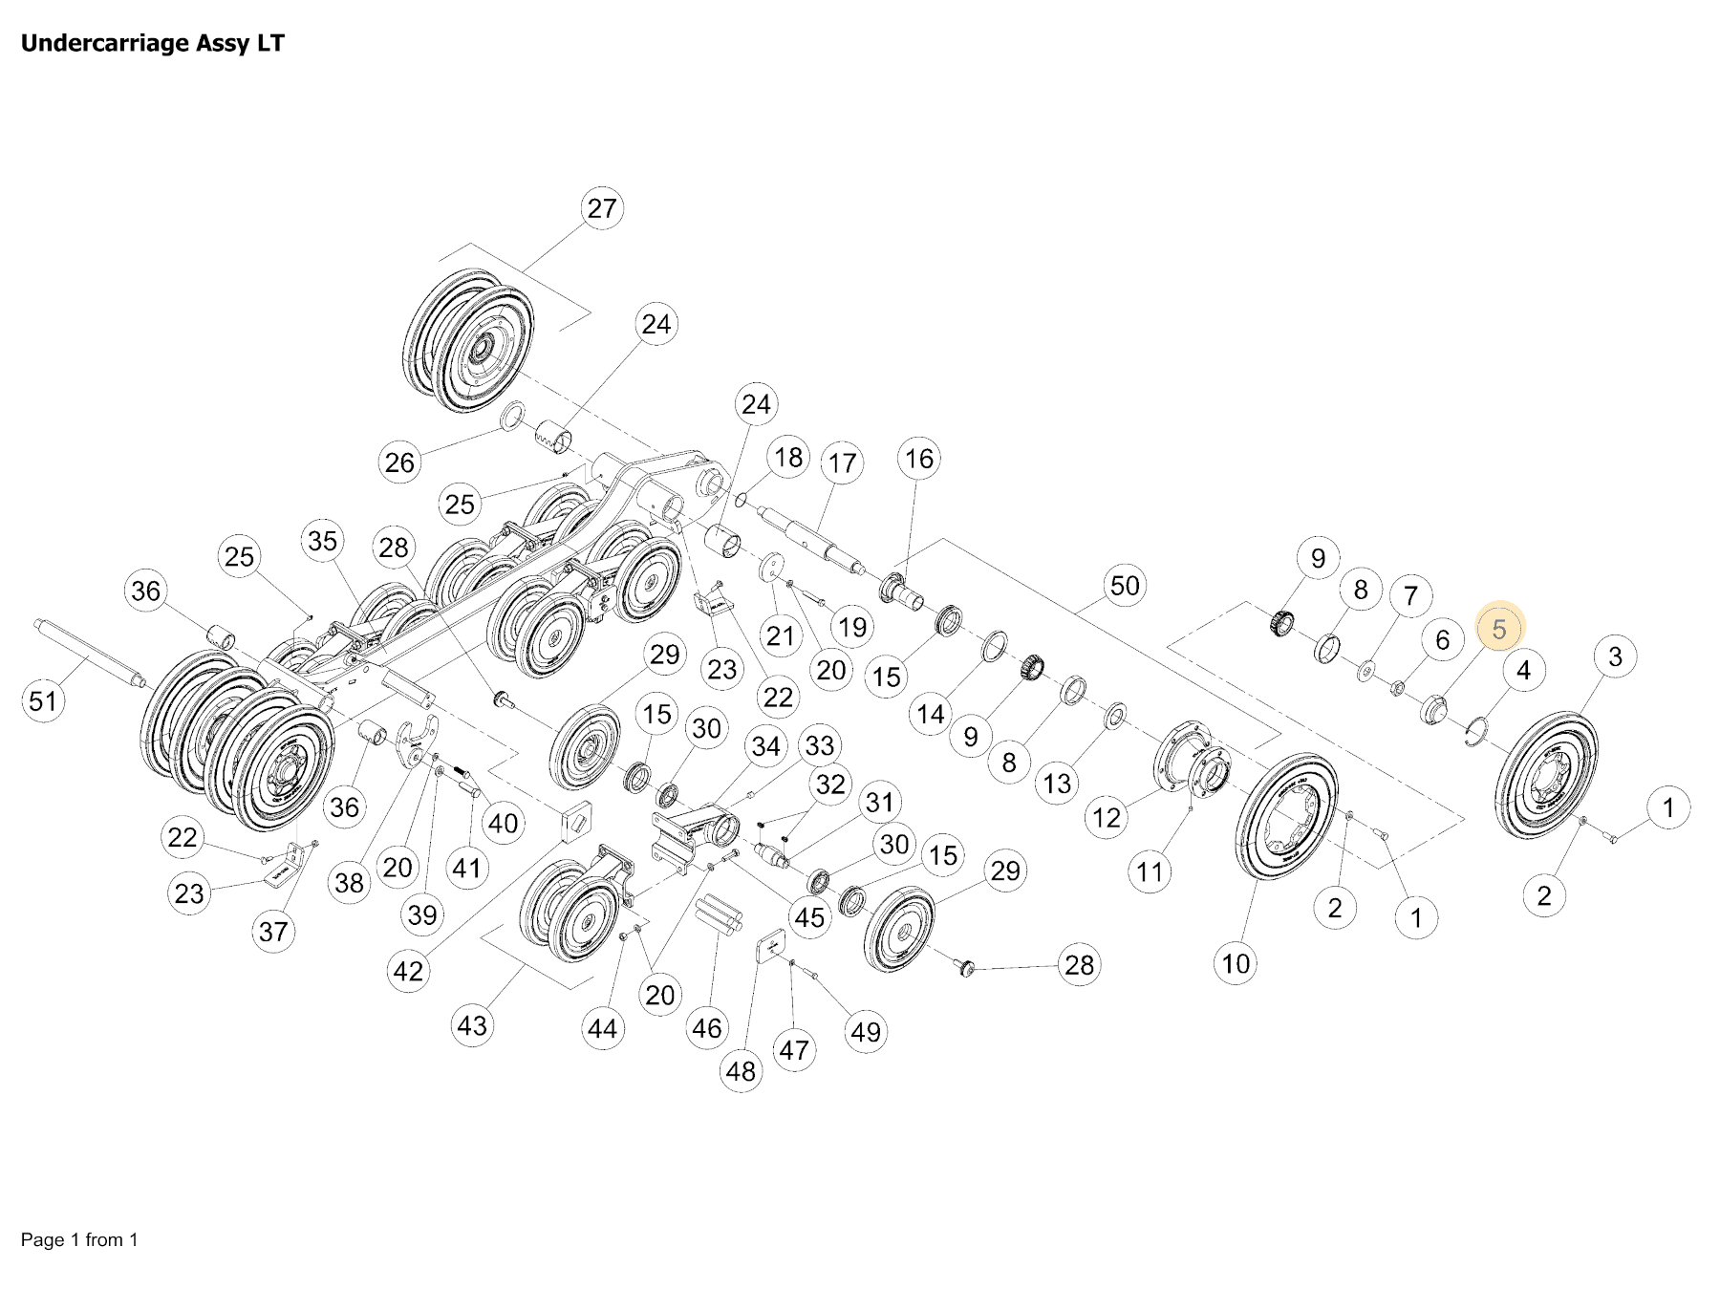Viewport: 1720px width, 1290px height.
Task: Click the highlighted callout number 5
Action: [x=1498, y=629]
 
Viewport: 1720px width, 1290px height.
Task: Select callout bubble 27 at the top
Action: [x=602, y=208]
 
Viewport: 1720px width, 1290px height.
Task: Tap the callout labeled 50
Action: [x=1125, y=585]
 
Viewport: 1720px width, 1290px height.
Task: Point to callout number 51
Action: [x=43, y=701]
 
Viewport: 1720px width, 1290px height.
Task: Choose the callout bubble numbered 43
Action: [x=472, y=1025]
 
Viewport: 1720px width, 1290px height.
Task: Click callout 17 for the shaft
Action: [x=842, y=463]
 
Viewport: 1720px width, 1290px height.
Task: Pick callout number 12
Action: [x=1107, y=817]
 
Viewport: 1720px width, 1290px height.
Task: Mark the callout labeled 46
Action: [x=707, y=1028]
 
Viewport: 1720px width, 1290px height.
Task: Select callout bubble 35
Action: [x=323, y=541]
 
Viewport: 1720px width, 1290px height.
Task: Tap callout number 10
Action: [x=1236, y=963]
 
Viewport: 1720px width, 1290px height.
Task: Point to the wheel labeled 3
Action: [x=1545, y=774]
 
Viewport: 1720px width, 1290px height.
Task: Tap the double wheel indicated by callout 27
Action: [x=468, y=341]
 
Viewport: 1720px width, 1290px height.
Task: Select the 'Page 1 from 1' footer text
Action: [x=79, y=1239]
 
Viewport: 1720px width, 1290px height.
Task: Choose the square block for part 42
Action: [x=576, y=822]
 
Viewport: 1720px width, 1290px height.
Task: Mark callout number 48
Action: [x=741, y=1071]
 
